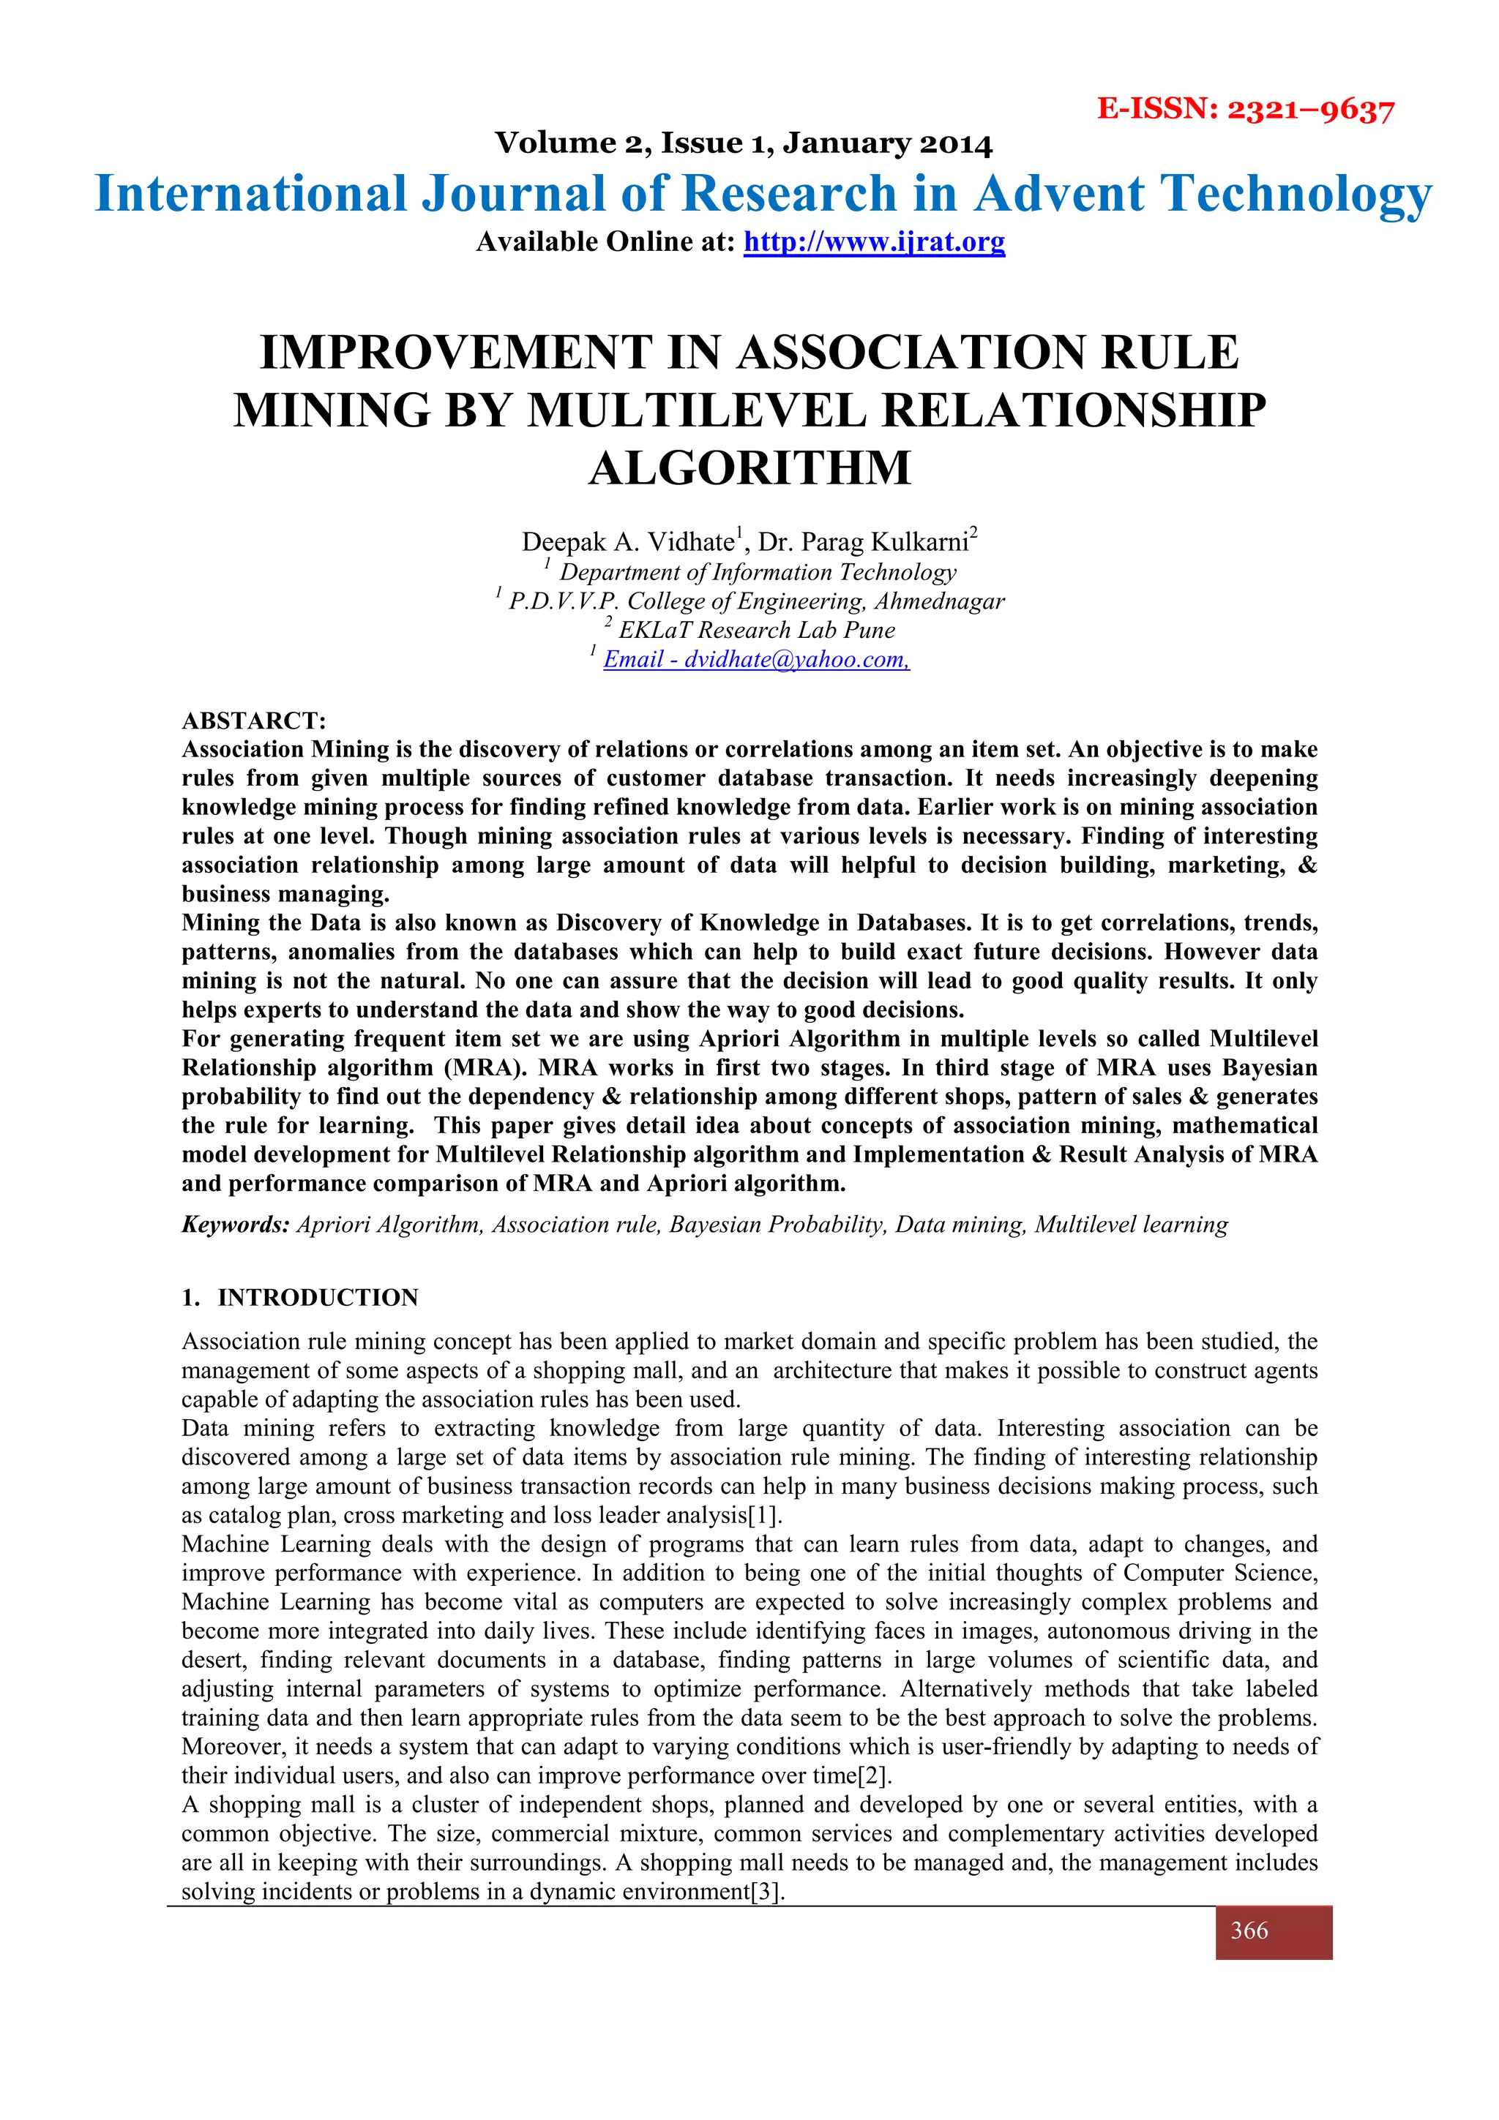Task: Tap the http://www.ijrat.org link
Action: (874, 242)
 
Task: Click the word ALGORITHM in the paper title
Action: (749, 468)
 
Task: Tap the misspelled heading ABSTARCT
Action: (254, 721)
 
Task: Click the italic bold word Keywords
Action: (236, 1225)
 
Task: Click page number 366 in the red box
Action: (1249, 1931)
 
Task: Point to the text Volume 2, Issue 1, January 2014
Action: (744, 143)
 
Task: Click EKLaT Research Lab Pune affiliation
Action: (755, 630)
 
